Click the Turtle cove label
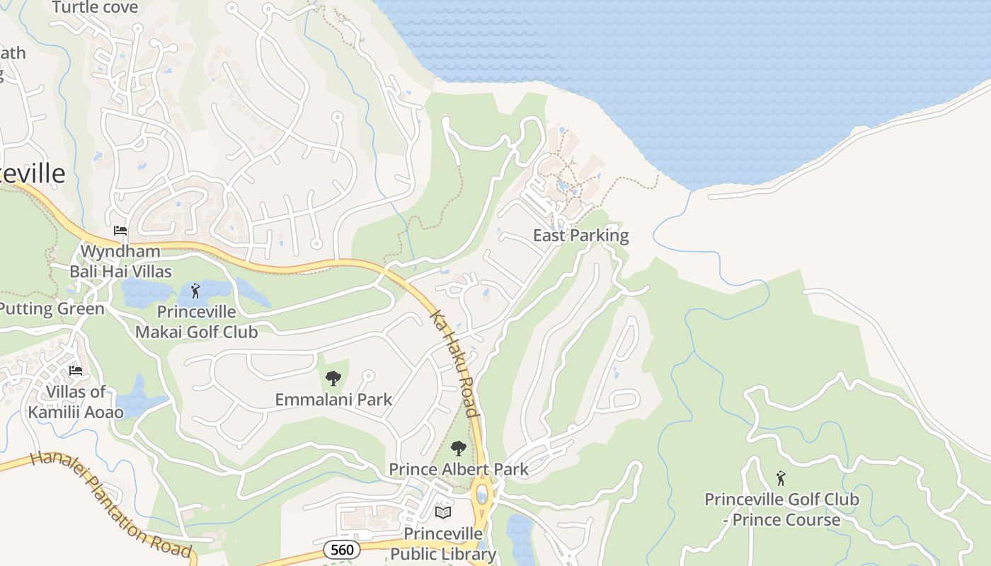click(95, 7)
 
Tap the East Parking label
click(580, 236)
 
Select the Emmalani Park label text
click(333, 400)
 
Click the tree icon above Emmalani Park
click(333, 379)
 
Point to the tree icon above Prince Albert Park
click(459, 448)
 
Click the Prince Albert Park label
click(459, 469)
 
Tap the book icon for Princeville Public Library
click(443, 512)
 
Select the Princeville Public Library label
click(443, 543)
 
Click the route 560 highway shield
click(342, 549)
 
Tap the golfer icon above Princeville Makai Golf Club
click(196, 290)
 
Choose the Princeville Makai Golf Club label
click(196, 321)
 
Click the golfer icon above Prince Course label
click(781, 478)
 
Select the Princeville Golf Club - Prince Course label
click(781, 509)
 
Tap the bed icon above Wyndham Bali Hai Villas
click(120, 231)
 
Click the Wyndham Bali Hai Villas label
click(120, 261)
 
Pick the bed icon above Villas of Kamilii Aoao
click(76, 371)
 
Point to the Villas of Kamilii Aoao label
click(76, 402)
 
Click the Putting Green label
click(51, 308)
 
